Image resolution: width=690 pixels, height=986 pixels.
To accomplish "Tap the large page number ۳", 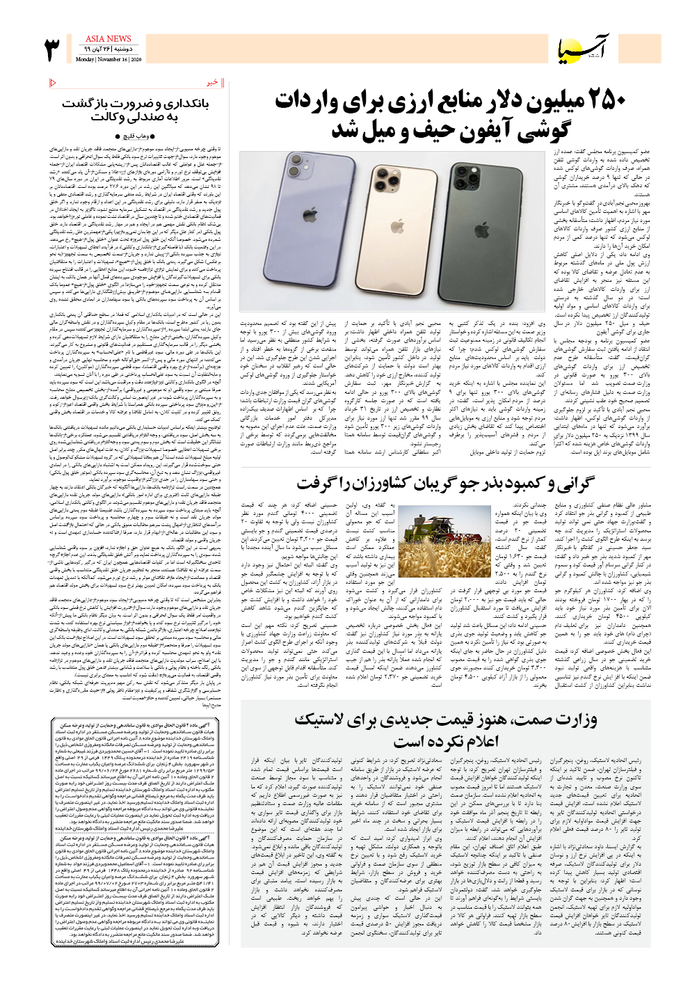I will tap(53, 51).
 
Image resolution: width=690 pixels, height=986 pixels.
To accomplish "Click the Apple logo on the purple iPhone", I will tap(309, 216).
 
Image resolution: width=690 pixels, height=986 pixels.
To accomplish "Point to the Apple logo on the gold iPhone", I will tap(397, 225).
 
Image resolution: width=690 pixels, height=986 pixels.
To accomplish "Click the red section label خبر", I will tap(213, 83).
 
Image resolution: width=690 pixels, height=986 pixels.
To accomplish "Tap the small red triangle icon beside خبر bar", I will tap(54, 84).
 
